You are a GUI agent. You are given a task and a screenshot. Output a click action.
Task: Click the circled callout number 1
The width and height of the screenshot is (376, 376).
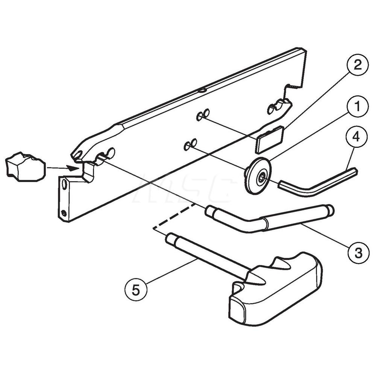click(x=357, y=106)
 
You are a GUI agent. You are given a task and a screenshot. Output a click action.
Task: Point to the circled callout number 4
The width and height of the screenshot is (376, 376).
click(x=357, y=138)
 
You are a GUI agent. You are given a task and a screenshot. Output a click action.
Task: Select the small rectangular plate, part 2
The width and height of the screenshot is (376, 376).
click(x=269, y=139)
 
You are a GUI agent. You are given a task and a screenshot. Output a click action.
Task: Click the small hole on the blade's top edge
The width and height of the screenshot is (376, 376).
click(x=202, y=90)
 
